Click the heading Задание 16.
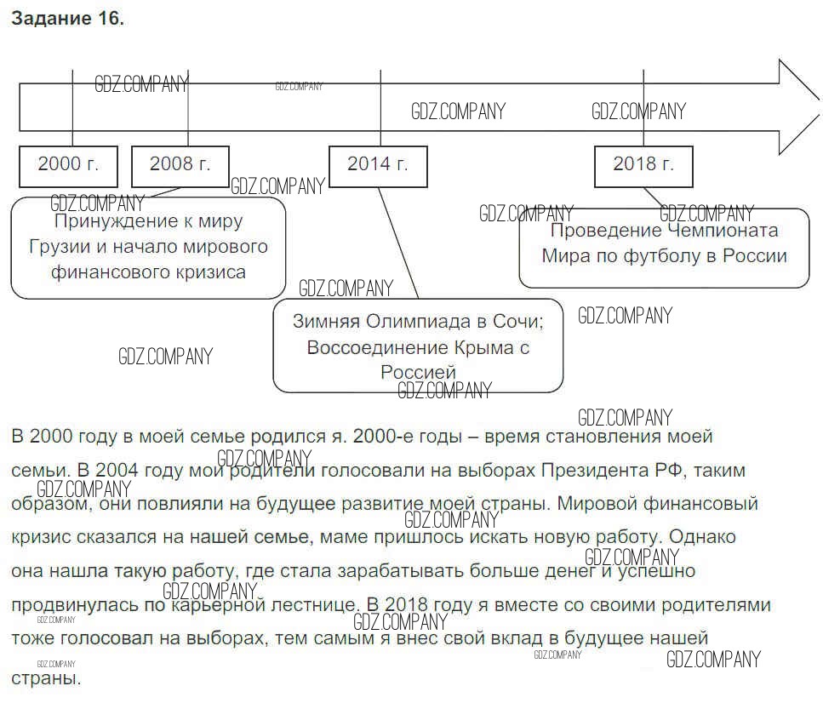[67, 20]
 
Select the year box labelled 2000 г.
[68, 165]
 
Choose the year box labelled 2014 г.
[378, 165]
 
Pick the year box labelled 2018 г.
[643, 165]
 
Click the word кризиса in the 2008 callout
[209, 272]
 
